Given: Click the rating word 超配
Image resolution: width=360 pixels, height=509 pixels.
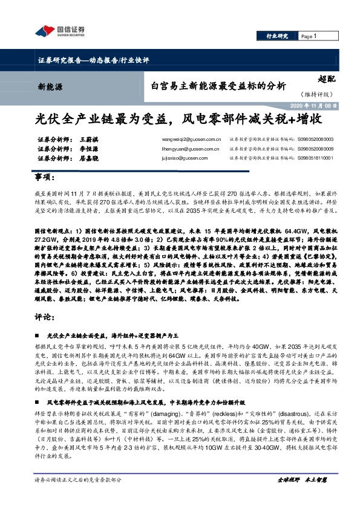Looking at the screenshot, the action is [x=326, y=78].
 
